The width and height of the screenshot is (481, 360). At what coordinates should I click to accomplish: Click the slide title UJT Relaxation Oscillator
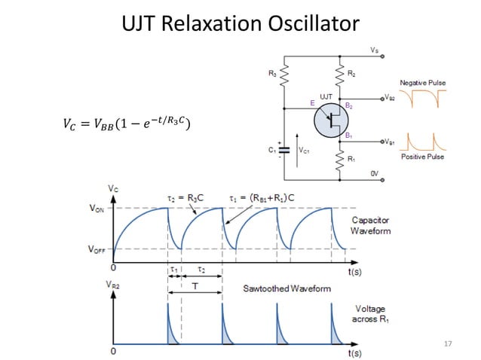tap(240, 24)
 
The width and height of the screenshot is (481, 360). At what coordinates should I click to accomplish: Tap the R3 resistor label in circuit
tap(271, 74)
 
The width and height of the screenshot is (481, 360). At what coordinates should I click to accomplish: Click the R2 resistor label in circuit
tap(351, 74)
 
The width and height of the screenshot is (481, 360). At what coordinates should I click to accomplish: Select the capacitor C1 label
tap(272, 150)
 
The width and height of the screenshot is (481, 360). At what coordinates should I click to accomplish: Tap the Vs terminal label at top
tap(375, 50)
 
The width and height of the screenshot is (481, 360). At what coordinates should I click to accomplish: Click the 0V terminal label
tap(375, 174)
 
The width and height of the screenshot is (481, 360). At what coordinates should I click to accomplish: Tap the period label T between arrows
tap(195, 287)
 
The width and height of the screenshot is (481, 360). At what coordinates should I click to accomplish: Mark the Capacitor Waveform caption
tap(371, 226)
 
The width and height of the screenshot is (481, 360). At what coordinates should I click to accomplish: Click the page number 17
tap(448, 344)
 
